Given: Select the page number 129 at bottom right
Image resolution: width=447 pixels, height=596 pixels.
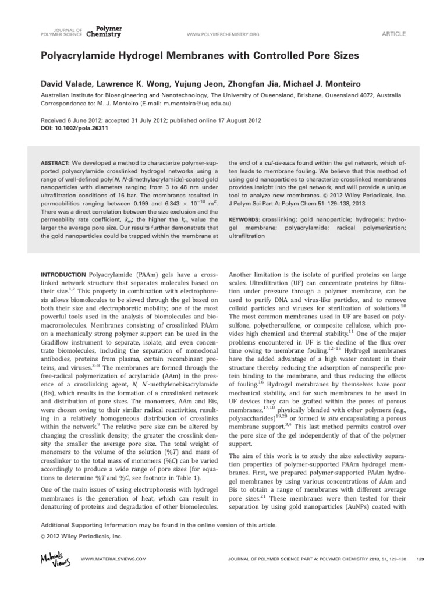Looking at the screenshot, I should tap(420, 559).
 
